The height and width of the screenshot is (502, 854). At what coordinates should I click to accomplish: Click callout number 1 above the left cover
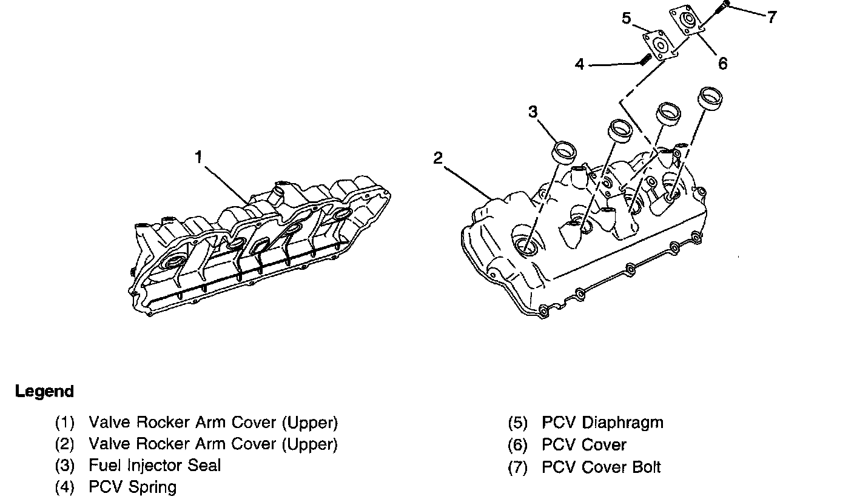pos(198,158)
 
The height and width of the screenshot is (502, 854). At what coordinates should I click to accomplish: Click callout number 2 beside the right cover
pos(438,159)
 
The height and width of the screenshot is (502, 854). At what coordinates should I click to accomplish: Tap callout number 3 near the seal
pos(533,112)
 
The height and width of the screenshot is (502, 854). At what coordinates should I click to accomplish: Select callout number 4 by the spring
pos(580,64)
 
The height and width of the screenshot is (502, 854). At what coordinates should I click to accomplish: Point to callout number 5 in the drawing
pos(627,18)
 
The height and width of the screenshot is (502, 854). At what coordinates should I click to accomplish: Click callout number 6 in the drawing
pos(722,63)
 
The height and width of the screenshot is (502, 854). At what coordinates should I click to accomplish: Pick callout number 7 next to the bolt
pos(772,18)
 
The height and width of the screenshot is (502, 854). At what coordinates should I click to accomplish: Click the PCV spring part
pos(645,59)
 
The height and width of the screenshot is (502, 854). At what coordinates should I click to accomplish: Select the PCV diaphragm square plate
pos(658,46)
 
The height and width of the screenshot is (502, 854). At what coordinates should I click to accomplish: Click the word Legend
pos(44,392)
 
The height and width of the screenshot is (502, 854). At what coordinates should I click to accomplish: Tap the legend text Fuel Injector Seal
pos(155,466)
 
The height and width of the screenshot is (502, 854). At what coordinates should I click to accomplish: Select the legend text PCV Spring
pos(133,487)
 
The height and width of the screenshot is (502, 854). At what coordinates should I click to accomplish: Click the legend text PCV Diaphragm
pos(602,423)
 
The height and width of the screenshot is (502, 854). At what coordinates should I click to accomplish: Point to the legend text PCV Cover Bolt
pos(601,467)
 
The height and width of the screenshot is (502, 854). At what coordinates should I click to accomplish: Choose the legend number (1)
pos(64,423)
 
